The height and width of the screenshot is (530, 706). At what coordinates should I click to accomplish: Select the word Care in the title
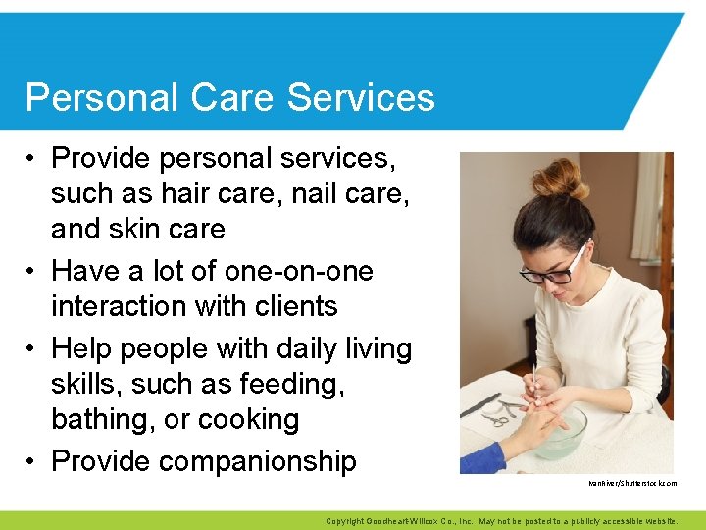coord(217,98)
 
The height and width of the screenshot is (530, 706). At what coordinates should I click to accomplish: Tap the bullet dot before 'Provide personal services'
coord(32,158)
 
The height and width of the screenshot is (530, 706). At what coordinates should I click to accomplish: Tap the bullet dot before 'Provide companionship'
coord(32,461)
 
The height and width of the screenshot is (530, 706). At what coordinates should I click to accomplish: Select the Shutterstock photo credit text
coord(631,484)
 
